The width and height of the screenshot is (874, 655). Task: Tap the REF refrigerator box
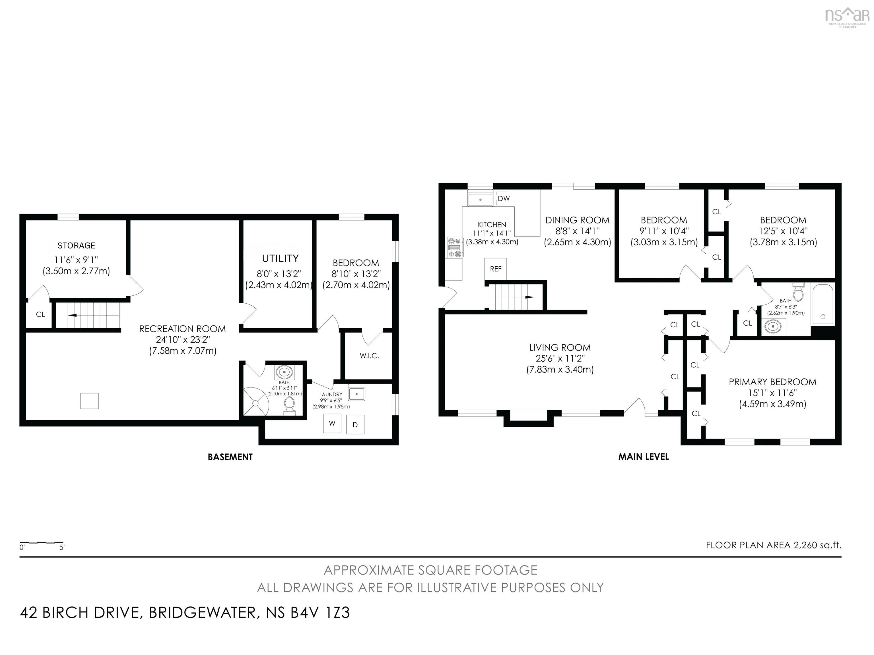coord(496,269)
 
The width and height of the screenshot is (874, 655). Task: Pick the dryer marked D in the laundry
coord(355,425)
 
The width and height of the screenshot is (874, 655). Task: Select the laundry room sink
coord(357,393)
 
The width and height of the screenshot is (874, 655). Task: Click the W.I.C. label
coord(369,356)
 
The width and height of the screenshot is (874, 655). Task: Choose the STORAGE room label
coord(76,246)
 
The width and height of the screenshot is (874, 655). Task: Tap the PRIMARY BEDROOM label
coord(772,382)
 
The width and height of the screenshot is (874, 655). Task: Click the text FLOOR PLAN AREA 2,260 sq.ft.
coord(774,545)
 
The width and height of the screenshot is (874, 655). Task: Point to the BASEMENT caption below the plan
coord(230,457)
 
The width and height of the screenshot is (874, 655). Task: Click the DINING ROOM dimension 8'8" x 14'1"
coord(577,231)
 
